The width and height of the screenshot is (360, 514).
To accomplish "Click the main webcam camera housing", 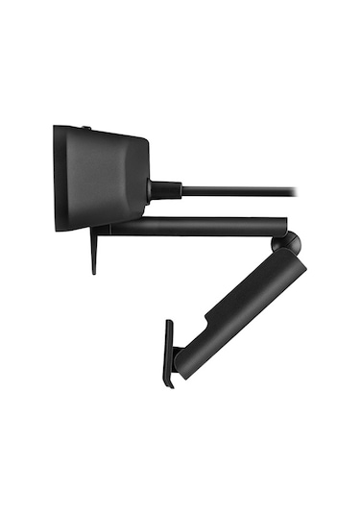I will click(101, 178).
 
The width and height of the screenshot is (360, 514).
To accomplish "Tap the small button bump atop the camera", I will click(85, 128).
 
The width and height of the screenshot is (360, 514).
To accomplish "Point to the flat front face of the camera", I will click(57, 179).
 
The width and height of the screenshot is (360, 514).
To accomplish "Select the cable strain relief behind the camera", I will click(165, 189).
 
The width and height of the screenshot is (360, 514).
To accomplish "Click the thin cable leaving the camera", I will click(240, 190).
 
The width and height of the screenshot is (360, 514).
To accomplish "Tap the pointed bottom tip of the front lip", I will click(94, 272).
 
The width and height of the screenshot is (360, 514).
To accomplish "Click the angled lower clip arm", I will click(240, 312).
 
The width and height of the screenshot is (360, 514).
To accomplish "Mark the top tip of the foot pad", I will click(168, 323).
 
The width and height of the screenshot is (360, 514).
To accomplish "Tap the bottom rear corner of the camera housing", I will click(144, 219).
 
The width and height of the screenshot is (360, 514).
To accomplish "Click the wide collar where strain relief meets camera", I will click(153, 189).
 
